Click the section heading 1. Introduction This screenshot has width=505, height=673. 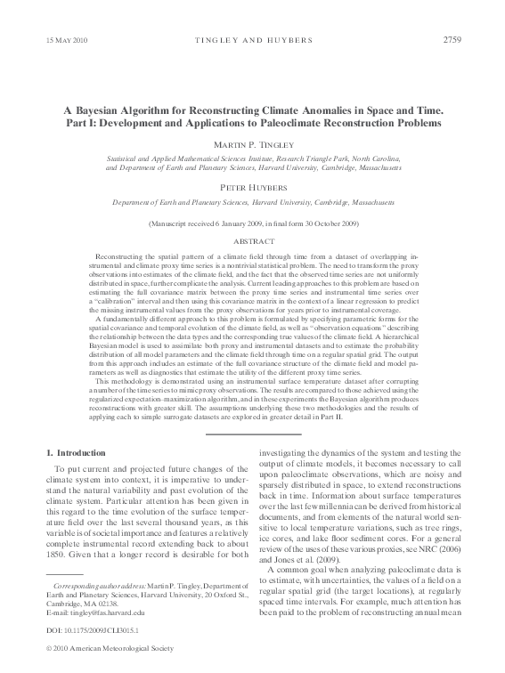[x=75, y=453]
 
